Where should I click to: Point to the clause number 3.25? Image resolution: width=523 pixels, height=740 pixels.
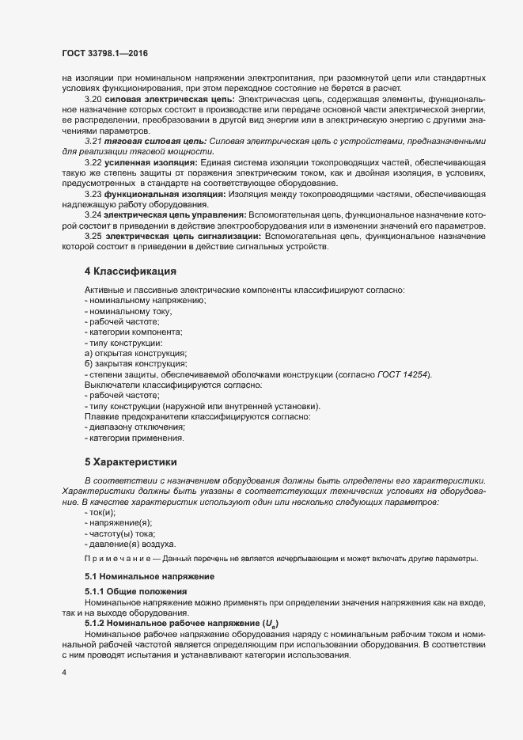coord(93,236)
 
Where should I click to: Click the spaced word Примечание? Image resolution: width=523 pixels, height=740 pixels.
coord(116,559)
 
